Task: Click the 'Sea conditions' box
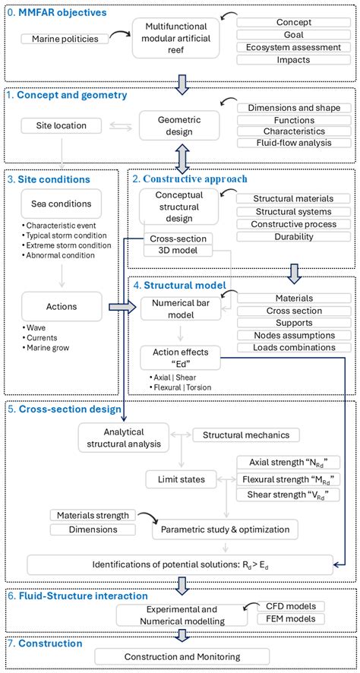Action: pos(60,204)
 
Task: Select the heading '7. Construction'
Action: pos(45,643)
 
